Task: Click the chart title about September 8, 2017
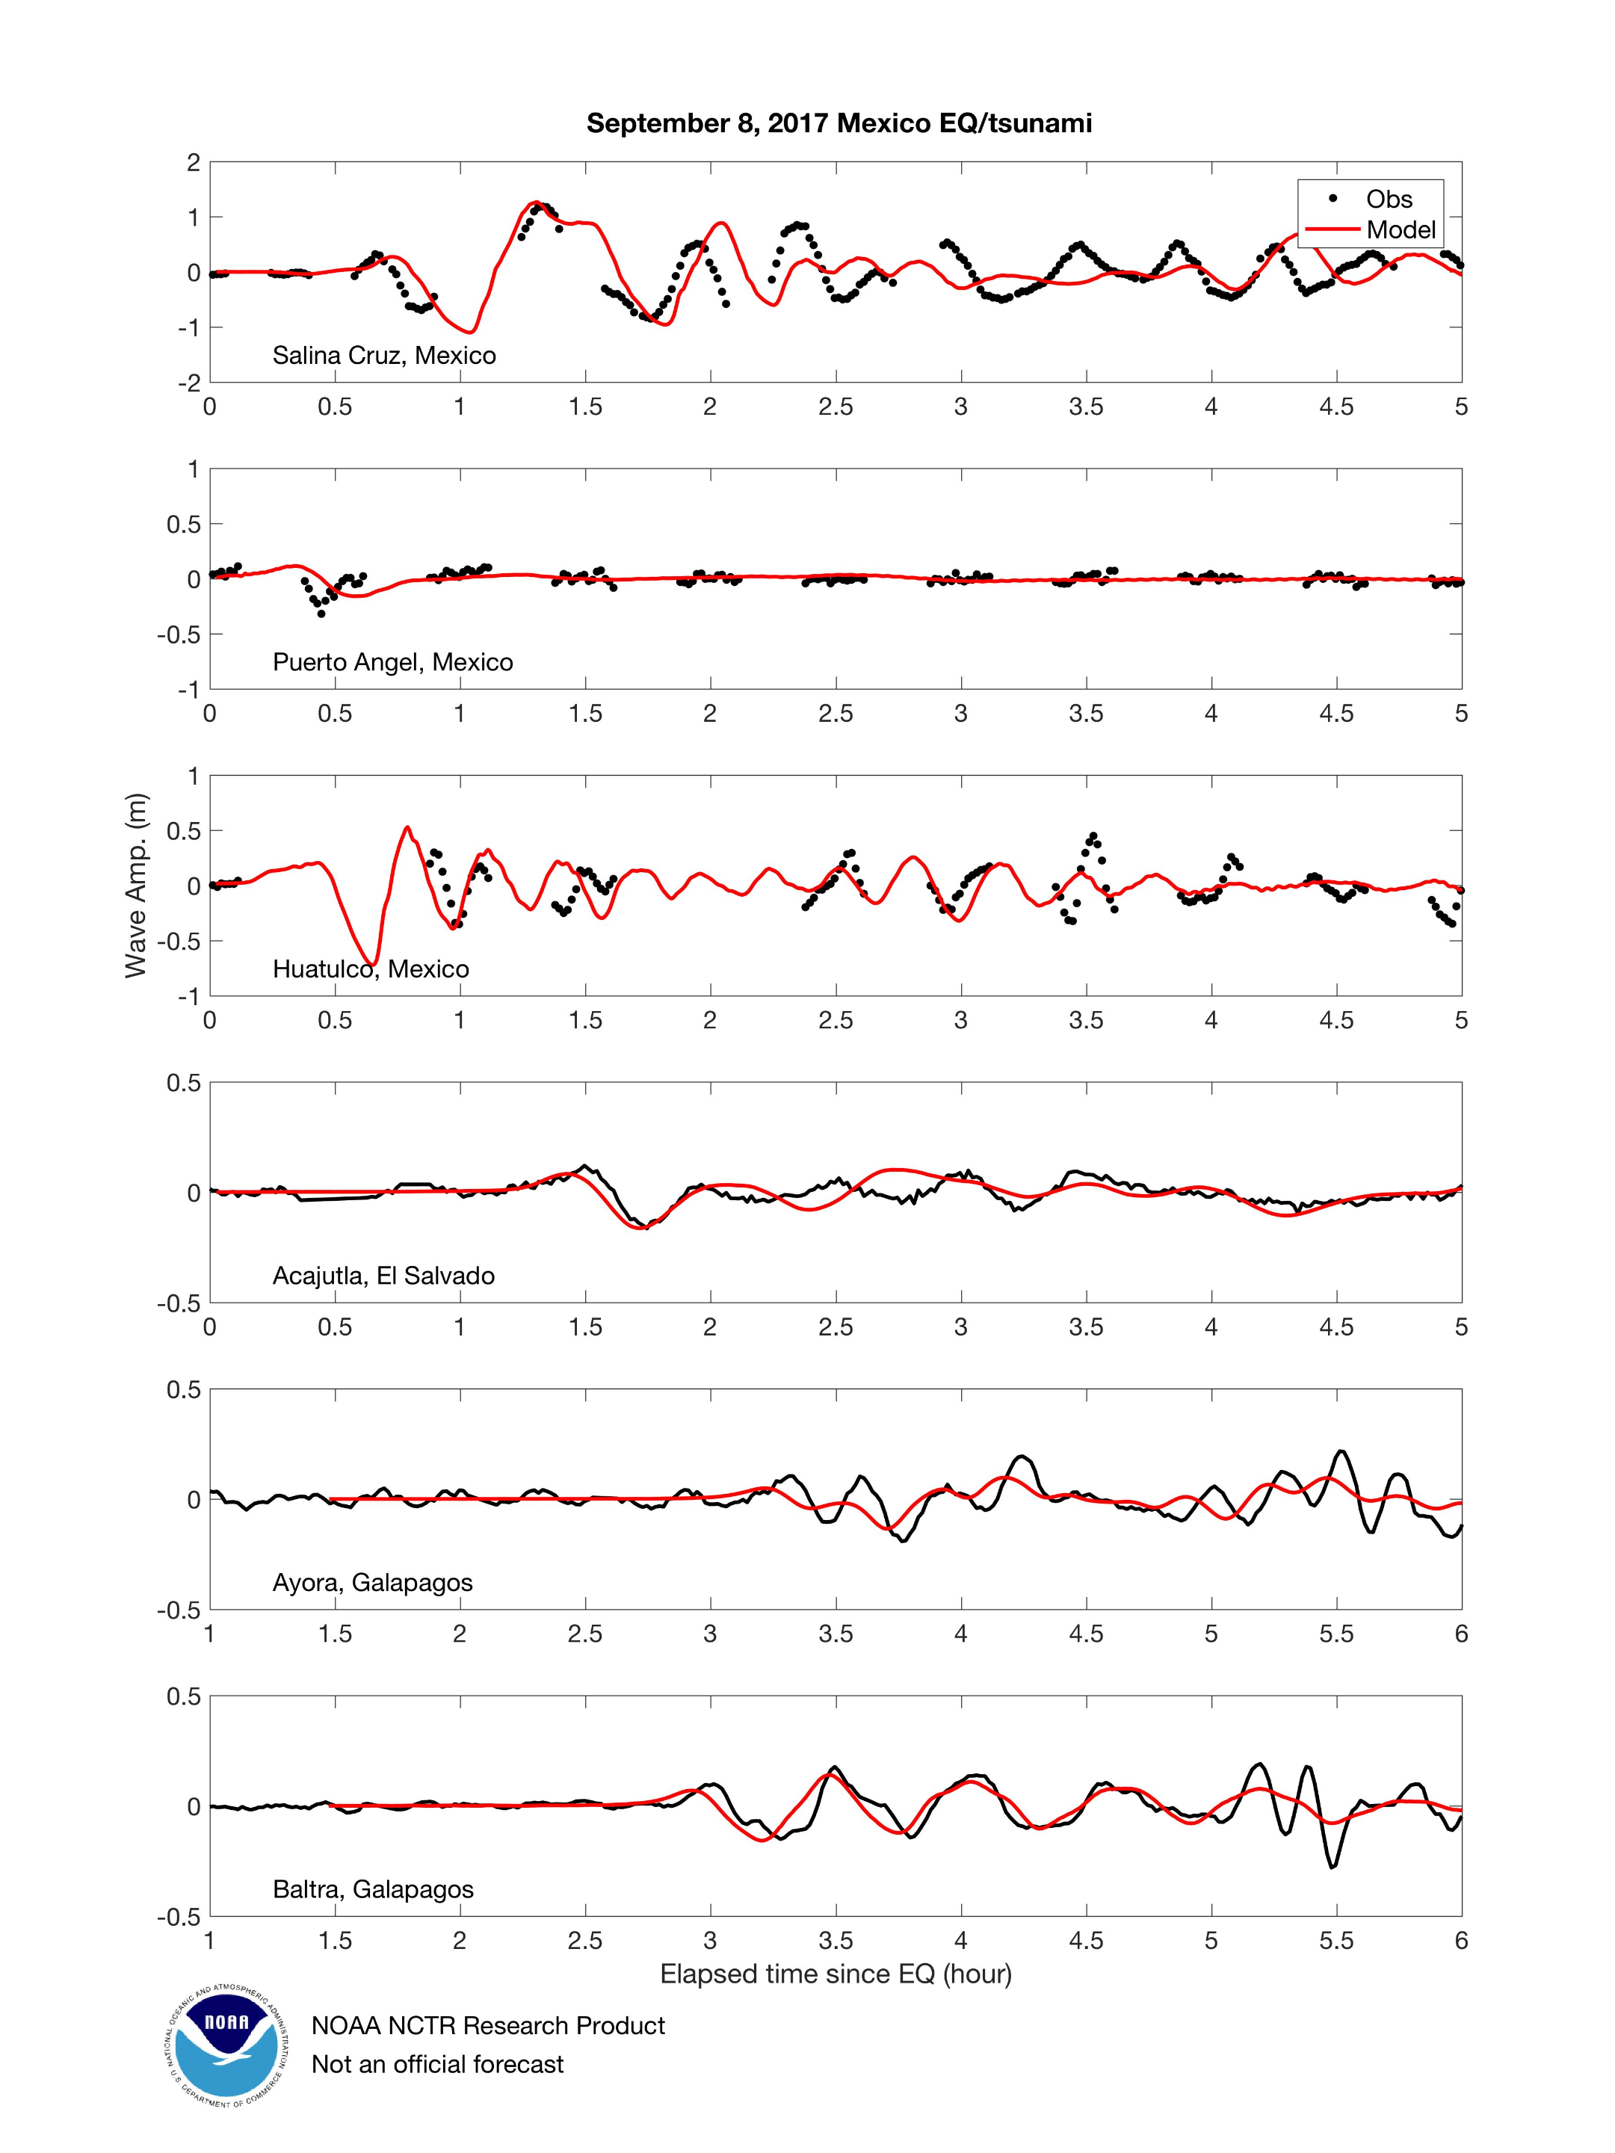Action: [x=839, y=123]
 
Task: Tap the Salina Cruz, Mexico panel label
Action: [x=383, y=355]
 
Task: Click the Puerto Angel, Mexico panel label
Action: [x=392, y=662]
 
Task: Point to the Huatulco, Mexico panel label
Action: [x=370, y=969]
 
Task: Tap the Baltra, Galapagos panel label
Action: [x=373, y=1888]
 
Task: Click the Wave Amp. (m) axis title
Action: [x=135, y=886]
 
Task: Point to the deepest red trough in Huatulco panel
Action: [x=373, y=963]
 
